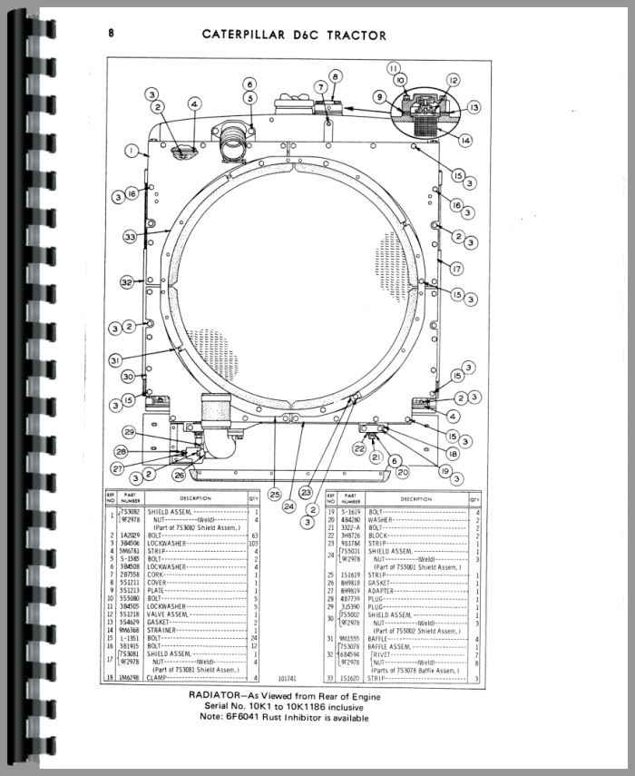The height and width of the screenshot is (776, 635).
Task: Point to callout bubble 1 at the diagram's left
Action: point(132,149)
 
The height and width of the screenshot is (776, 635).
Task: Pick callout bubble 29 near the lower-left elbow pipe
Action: point(130,431)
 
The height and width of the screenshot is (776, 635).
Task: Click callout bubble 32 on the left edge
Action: point(127,282)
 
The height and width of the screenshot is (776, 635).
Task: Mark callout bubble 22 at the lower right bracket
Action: point(359,448)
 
